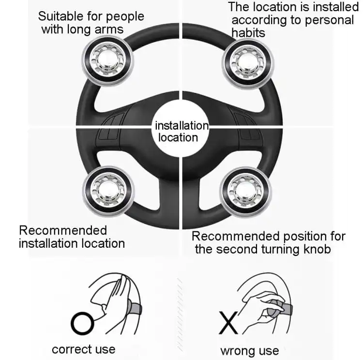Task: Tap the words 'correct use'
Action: (83, 349)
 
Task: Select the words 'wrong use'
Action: (249, 350)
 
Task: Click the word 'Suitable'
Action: (60, 16)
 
